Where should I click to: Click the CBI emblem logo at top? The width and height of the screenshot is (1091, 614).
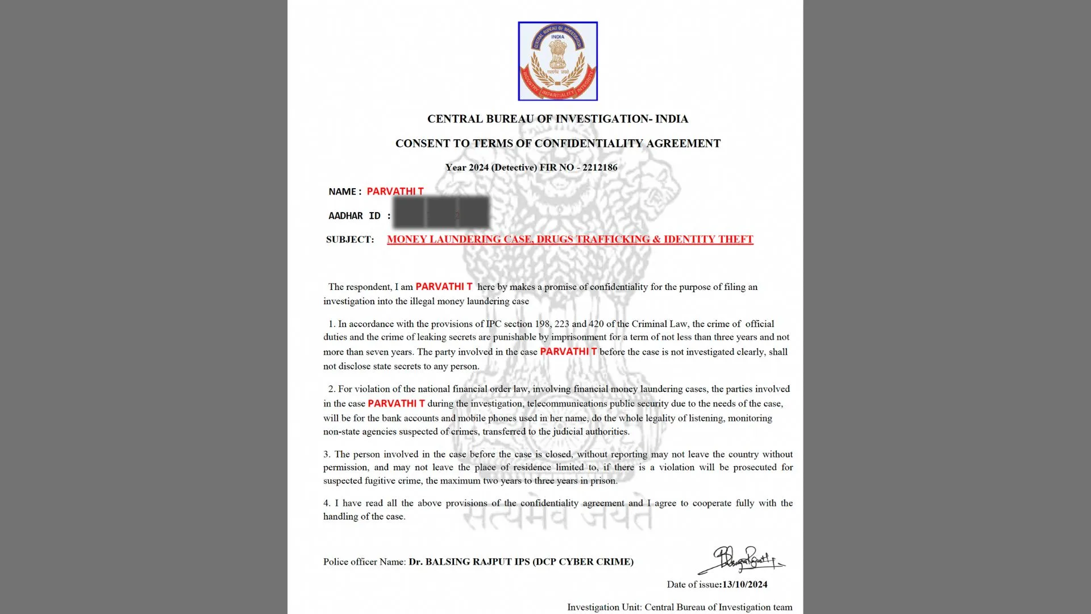click(x=557, y=61)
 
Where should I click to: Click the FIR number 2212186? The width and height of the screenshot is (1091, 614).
click(x=599, y=168)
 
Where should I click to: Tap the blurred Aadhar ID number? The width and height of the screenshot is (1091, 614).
click(x=442, y=213)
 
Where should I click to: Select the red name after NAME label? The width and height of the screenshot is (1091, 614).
click(x=395, y=192)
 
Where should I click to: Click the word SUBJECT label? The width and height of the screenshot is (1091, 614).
click(x=350, y=240)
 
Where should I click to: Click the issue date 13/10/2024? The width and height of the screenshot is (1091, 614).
click(x=744, y=584)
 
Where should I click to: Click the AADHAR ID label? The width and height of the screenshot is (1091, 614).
click(x=354, y=216)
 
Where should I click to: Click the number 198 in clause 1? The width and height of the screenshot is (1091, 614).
click(x=542, y=324)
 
